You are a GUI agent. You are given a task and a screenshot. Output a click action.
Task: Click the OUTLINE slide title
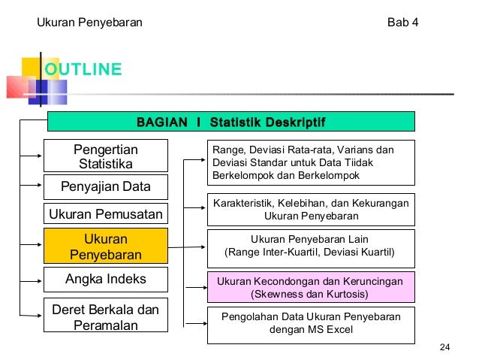(x=83, y=70)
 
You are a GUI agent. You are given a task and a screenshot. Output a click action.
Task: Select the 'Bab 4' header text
(x=403, y=22)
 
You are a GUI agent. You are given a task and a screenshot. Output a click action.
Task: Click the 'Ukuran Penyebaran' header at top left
(x=89, y=22)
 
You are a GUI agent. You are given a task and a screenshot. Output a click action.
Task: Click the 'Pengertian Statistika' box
(x=105, y=156)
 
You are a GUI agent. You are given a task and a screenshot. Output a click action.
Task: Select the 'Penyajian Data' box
(x=105, y=186)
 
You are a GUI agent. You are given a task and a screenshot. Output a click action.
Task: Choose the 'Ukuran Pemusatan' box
(x=105, y=215)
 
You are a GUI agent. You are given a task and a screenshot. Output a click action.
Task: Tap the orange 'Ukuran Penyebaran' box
(x=105, y=247)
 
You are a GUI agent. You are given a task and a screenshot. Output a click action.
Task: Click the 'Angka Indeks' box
(x=105, y=280)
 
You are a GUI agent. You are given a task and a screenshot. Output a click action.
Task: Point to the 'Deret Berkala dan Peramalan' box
(x=105, y=317)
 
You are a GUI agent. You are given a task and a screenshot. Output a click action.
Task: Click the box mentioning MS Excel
(x=310, y=323)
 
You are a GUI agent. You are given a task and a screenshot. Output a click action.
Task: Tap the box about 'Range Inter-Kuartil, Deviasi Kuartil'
(x=310, y=246)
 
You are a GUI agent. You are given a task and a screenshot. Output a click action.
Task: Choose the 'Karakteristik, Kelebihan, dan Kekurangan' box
(x=310, y=210)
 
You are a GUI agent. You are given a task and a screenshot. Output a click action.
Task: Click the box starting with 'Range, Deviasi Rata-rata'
(x=310, y=162)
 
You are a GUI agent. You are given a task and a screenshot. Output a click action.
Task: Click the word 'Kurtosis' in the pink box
(x=347, y=294)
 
